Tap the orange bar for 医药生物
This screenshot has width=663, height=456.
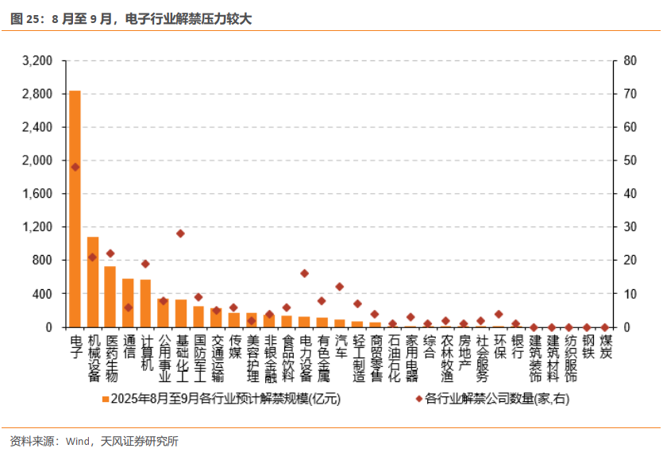tap(110, 296)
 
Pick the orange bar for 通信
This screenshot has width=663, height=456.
tap(128, 303)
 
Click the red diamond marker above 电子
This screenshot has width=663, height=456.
tap(75, 167)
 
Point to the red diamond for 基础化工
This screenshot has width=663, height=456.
tap(181, 234)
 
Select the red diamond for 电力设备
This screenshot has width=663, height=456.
tap(304, 273)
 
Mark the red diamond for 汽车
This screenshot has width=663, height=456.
tap(340, 287)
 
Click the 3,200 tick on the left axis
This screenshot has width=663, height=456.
tap(38, 61)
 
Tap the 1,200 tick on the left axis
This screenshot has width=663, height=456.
tap(38, 227)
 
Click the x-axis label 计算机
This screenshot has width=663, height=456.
tap(146, 354)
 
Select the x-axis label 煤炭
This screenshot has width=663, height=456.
tap(605, 347)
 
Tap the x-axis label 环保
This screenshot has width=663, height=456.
tap(499, 347)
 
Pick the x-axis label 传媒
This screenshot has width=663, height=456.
tap(234, 347)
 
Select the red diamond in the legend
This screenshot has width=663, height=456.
tap(418, 399)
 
